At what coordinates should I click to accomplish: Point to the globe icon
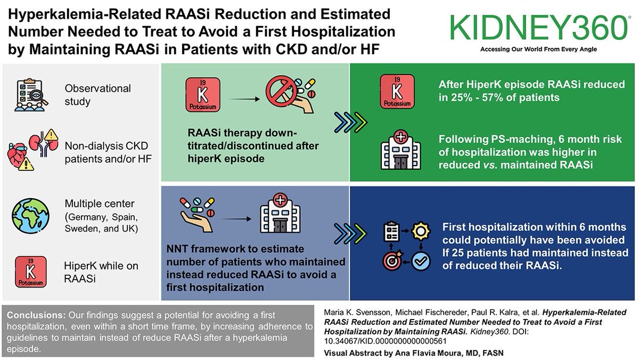[x=28, y=212]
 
